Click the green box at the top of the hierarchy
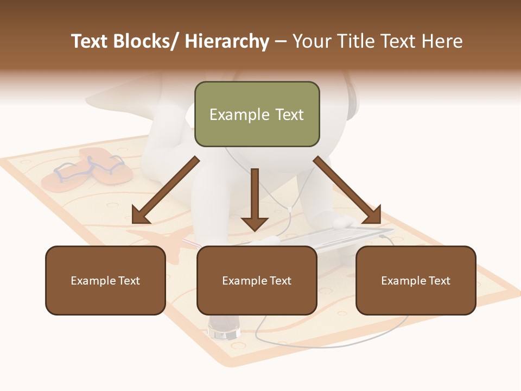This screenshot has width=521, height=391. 257,114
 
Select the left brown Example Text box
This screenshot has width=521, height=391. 105,280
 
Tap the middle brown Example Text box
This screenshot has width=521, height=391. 257,280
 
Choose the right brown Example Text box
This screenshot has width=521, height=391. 416,280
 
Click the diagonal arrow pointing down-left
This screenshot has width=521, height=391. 166,190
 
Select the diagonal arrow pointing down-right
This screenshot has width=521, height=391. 347,190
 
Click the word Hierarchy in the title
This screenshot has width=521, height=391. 227,41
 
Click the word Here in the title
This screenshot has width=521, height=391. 444,41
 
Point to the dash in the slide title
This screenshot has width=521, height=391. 281,41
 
